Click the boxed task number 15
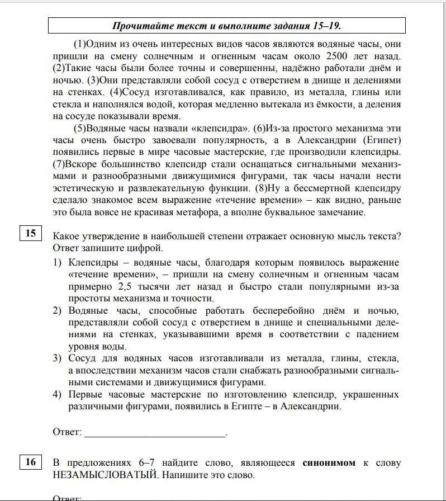coord(30,233)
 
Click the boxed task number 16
coord(30,462)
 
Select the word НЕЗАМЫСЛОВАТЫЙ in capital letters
coord(103,475)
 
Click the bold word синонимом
coord(329,463)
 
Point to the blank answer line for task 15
coord(155,432)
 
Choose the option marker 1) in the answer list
coord(57,263)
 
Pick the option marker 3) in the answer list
coord(57,358)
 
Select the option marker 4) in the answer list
coord(57,395)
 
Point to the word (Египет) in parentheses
coord(382,140)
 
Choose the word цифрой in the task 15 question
coord(148,248)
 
